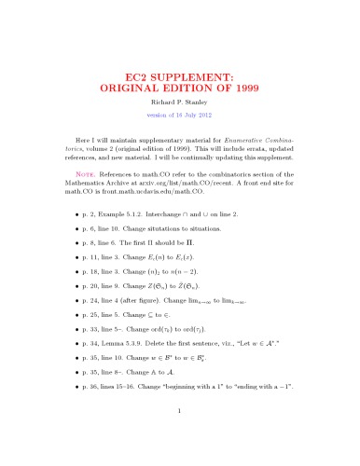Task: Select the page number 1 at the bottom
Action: [180, 434]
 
